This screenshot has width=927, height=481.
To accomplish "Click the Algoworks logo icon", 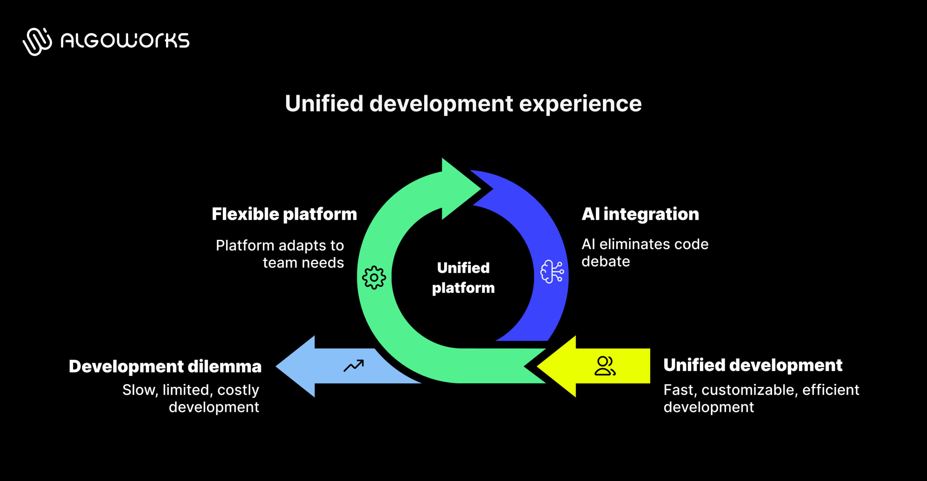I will click(37, 41).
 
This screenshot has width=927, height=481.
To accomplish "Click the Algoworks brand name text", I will click(125, 40).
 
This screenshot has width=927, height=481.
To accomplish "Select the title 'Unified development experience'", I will click(463, 104).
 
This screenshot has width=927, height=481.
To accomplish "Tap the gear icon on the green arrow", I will click(374, 277).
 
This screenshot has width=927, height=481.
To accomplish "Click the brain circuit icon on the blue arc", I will click(552, 271).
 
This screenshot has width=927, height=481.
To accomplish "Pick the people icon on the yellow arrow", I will click(605, 366).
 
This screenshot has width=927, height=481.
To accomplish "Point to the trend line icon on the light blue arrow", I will click(354, 366).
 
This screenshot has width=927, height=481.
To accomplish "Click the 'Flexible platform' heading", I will click(284, 214).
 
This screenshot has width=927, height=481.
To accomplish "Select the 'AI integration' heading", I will click(640, 214).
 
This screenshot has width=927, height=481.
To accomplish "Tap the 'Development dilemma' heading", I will click(165, 366).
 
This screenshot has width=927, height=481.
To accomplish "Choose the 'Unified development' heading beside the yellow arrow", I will click(753, 365).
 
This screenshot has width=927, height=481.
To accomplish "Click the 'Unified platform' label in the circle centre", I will click(463, 278).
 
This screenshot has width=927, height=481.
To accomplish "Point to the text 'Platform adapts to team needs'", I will click(280, 254).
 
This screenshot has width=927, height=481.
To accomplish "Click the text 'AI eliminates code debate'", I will click(645, 253).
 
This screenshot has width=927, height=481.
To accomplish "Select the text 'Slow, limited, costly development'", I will click(191, 398).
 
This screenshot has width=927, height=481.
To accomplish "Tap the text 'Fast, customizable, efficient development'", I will click(761, 398).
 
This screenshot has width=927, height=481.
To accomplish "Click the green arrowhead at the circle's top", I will click(458, 188).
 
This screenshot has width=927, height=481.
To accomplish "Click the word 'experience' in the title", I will click(580, 104).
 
